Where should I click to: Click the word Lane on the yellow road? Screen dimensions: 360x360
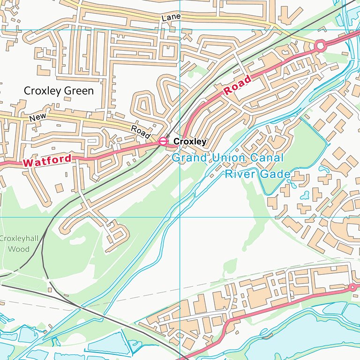pos(171,17)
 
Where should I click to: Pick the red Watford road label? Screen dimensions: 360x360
pos(47,161)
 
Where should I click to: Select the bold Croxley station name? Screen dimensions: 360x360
pos(190,141)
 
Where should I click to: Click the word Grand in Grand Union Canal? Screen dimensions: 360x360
pos(189,158)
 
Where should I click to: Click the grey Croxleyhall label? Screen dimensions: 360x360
pos(15,239)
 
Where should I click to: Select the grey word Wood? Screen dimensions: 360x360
pos(18,249)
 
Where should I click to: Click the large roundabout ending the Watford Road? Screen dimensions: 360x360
pos(320,45)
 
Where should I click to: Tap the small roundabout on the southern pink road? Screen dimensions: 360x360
pos(352,287)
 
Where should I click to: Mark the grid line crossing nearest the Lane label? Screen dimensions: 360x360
pos(180,30)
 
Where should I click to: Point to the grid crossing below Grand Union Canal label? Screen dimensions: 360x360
pos(180,217)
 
